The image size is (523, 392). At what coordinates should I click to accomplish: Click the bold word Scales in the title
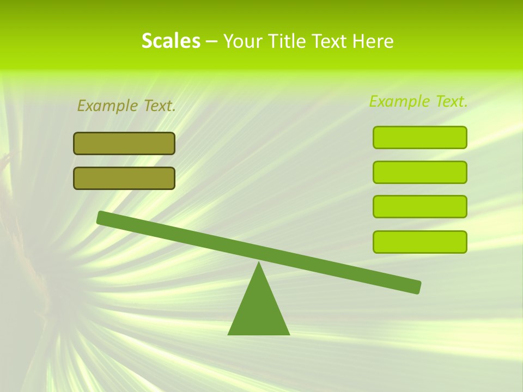pos(171,41)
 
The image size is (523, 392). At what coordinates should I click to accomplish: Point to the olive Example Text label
pos(126,106)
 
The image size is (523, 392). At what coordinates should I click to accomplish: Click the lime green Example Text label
pos(418,101)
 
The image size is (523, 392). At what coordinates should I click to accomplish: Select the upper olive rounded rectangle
pos(124,143)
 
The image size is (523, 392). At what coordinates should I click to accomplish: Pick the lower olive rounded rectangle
pos(124,178)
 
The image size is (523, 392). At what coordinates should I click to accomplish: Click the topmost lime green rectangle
pos(420,137)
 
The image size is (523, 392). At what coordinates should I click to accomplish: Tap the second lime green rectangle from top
pos(420,172)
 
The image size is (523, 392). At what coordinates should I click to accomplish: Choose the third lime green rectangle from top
pos(420,207)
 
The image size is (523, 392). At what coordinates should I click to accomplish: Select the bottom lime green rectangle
pos(420,242)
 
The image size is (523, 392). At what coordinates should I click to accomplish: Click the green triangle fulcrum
pos(259,310)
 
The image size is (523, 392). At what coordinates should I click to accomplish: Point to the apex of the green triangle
pos(259,264)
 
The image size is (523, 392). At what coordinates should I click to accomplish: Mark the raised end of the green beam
pos(101,217)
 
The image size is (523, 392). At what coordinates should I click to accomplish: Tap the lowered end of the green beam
pos(417,287)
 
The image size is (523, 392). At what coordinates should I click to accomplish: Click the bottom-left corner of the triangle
pos(229,334)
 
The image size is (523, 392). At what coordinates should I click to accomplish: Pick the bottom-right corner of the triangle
pos(289,334)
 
